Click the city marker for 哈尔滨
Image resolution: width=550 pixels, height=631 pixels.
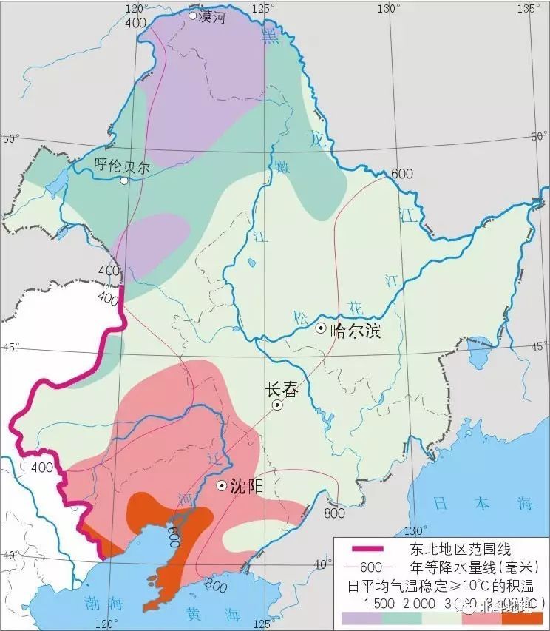(321, 328)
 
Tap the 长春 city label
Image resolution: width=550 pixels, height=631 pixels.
(281, 390)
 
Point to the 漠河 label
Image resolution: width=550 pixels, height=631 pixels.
(212, 16)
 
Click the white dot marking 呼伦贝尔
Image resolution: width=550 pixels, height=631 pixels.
(124, 180)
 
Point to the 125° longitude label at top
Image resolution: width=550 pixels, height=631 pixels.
(264, 8)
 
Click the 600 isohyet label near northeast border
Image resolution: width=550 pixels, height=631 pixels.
(402, 173)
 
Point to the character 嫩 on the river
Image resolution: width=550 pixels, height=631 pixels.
(282, 166)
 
